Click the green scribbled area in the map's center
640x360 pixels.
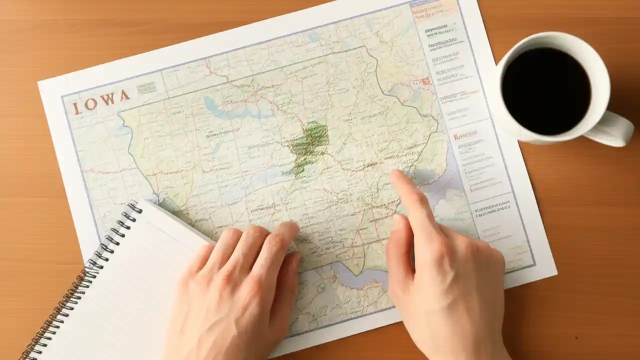point(308,142)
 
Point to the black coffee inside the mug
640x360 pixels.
point(546,90)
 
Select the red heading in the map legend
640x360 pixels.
point(465,136)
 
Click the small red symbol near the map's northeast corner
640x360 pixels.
point(426,81)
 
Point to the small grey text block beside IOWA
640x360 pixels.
point(146,88)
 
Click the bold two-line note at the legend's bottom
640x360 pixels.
point(493,209)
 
